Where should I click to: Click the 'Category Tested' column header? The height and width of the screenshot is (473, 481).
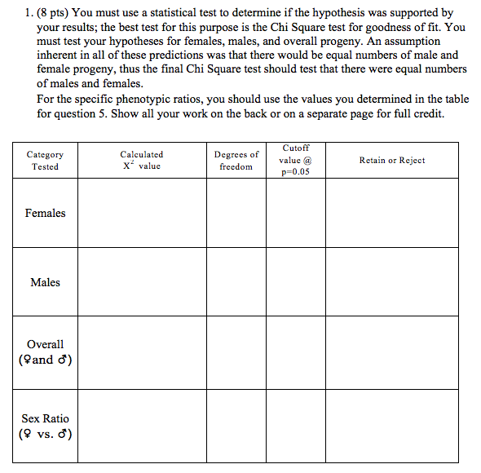click(x=45, y=160)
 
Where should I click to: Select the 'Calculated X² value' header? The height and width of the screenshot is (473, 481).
click(x=141, y=160)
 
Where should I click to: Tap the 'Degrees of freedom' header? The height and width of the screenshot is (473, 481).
click(x=236, y=160)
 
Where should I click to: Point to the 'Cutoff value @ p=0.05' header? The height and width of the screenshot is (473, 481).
click(x=295, y=160)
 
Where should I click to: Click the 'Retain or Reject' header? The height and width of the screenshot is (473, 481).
click(x=391, y=161)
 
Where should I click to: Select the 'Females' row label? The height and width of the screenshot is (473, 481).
click(x=45, y=213)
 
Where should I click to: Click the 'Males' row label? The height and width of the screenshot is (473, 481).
click(x=45, y=282)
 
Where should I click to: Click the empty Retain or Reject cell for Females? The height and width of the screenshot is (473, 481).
click(x=391, y=213)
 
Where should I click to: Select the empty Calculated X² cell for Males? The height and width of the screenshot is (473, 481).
click(x=141, y=282)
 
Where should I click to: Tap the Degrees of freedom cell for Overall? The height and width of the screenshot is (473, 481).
click(x=236, y=351)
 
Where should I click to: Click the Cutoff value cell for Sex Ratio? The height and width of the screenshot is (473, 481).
click(x=295, y=425)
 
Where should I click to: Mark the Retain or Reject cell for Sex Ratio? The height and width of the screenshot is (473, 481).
click(x=391, y=425)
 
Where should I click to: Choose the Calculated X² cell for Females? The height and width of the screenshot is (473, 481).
click(x=141, y=213)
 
